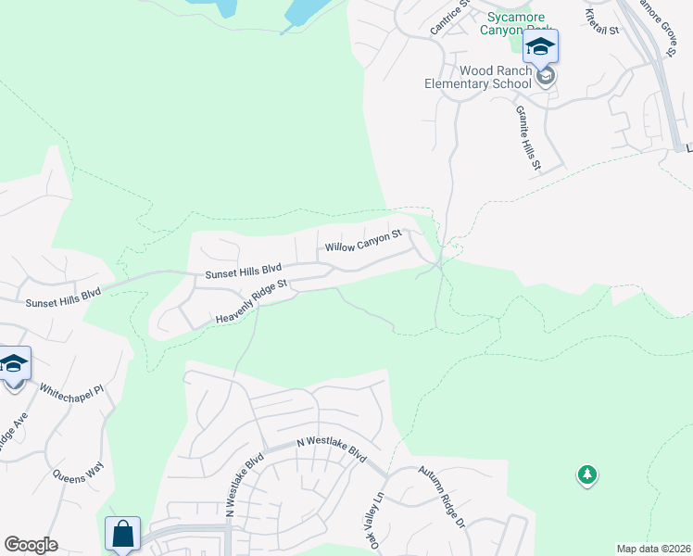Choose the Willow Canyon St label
[362, 242]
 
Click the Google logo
[30, 545]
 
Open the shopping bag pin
[122, 535]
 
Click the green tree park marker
[586, 475]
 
